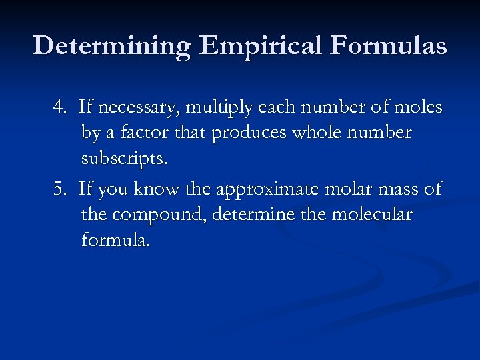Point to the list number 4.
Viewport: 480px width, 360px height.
point(61,107)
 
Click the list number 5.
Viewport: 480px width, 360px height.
point(61,189)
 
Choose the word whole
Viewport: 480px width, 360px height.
point(313,133)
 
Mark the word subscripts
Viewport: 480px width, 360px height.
point(124,160)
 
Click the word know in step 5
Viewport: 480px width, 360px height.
point(156,189)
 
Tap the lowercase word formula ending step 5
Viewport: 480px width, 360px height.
point(115,239)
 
